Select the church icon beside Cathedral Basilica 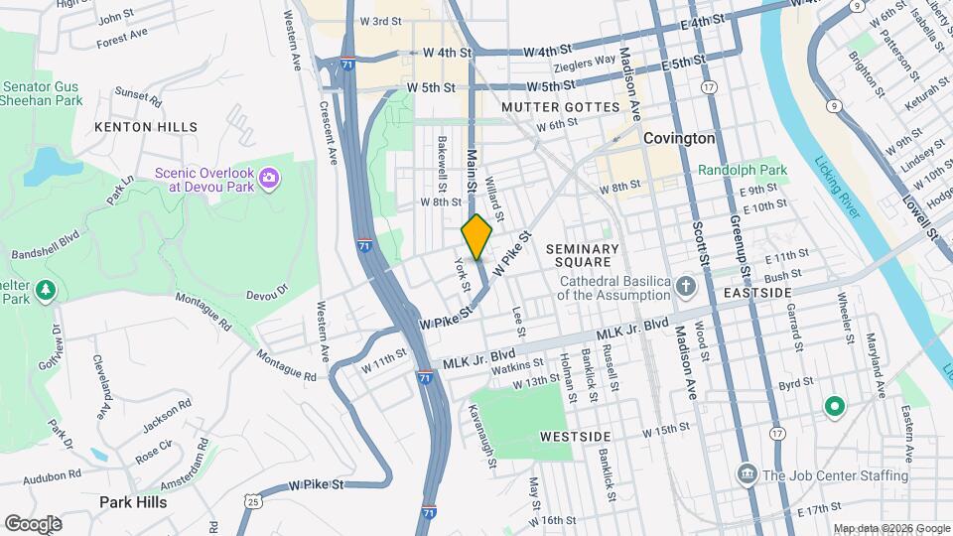coord(685,288)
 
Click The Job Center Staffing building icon coord(747,475)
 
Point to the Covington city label coord(679,139)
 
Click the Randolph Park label coord(742,170)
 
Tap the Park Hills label coord(133,502)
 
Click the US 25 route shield coord(255,502)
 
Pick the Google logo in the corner coord(33,523)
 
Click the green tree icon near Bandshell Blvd coord(45,290)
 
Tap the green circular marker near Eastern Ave coord(835,406)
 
